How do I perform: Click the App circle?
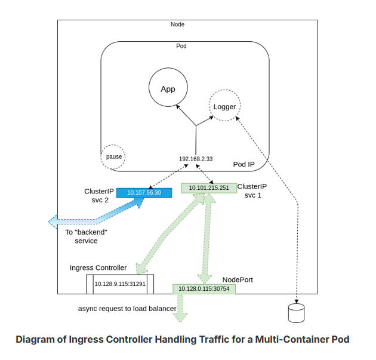pos(168,88)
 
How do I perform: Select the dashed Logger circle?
pos(224,107)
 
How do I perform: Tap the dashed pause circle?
pos(113,156)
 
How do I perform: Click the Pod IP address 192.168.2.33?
pos(196,159)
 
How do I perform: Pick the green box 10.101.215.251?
pos(208,188)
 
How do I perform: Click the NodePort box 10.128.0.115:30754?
pos(204,289)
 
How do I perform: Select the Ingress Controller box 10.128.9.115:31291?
pos(120,284)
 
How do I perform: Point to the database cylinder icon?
pos(295,312)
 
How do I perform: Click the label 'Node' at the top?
pos(177,24)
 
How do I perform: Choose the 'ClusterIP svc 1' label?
pos(253,190)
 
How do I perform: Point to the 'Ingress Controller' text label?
pos(98,267)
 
